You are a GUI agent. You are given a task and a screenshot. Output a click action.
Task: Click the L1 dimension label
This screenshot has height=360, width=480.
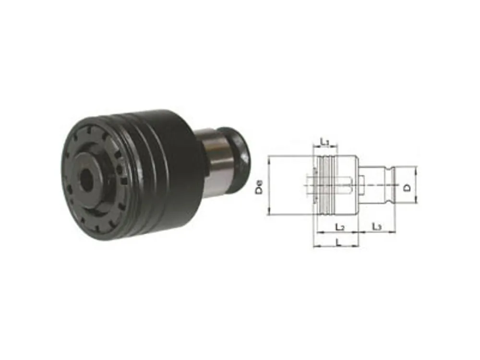(324, 142)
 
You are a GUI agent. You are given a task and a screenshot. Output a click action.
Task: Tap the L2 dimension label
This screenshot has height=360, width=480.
(340, 227)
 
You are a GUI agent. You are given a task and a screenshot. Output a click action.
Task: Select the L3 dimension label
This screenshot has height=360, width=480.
(376, 227)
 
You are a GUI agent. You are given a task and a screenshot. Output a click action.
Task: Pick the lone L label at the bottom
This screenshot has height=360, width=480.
(338, 242)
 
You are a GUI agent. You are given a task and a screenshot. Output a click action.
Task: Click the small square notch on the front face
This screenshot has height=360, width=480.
(124, 182)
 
